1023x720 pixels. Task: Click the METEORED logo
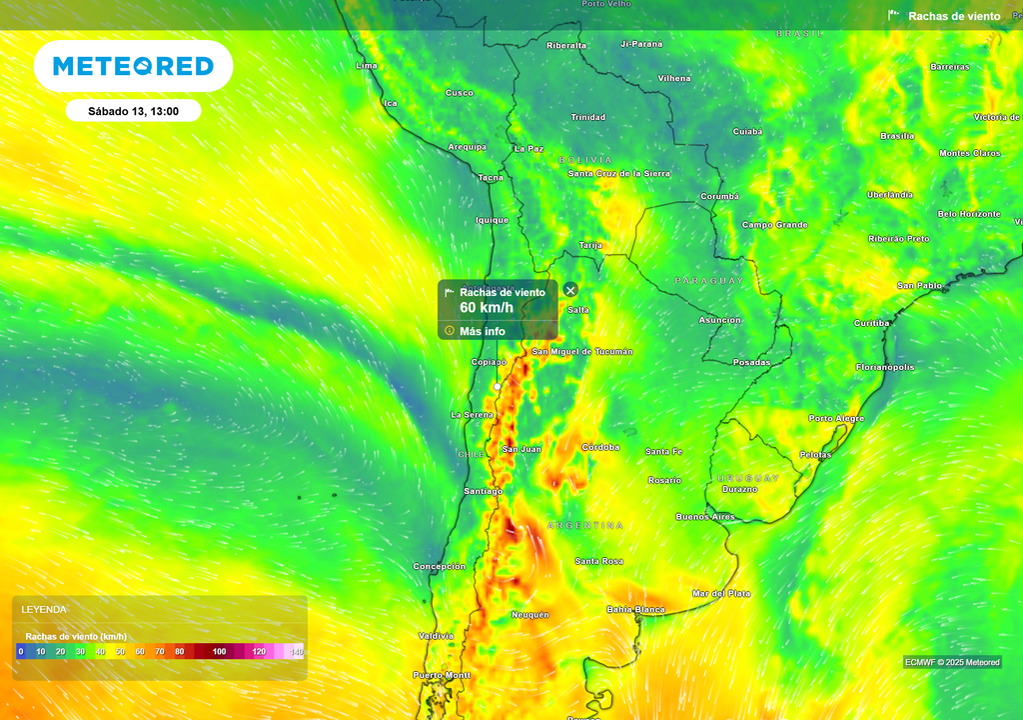(133, 67)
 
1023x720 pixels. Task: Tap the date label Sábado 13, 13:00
(133, 111)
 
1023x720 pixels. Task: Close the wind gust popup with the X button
(570, 290)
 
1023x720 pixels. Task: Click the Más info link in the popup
(483, 331)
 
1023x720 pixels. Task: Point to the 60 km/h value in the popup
(487, 307)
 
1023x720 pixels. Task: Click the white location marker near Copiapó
(497, 386)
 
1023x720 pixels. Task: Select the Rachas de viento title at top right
(953, 16)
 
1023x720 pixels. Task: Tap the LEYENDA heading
(44, 609)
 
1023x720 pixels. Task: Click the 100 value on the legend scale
(219, 652)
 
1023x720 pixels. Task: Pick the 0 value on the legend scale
(20, 652)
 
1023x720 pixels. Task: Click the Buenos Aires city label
(705, 517)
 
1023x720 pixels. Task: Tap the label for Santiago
(483, 491)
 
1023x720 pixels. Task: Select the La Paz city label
(528, 149)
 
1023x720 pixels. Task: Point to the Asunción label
(719, 320)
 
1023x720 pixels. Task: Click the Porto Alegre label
(836, 418)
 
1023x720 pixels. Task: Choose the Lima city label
(367, 66)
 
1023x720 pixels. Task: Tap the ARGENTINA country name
(585, 525)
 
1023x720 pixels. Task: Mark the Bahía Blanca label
(635, 609)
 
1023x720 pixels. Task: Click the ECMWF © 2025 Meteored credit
(952, 662)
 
